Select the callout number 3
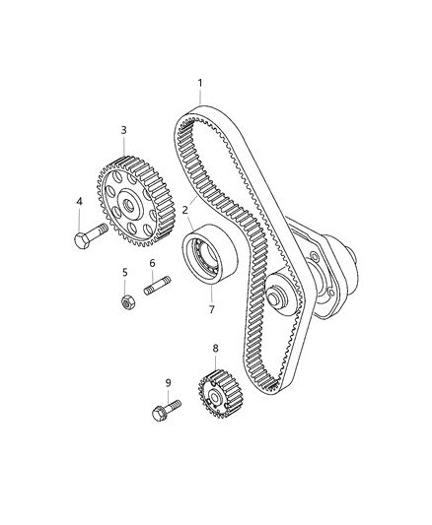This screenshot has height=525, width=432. tap(123, 130)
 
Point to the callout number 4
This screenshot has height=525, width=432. tap(80, 203)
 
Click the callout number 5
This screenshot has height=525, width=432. tap(125, 272)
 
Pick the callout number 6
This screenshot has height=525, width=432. tap(153, 263)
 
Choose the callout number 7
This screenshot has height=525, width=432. tap(211, 309)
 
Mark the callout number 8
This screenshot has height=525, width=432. tap(215, 348)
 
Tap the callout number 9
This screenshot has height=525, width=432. tap(168, 382)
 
